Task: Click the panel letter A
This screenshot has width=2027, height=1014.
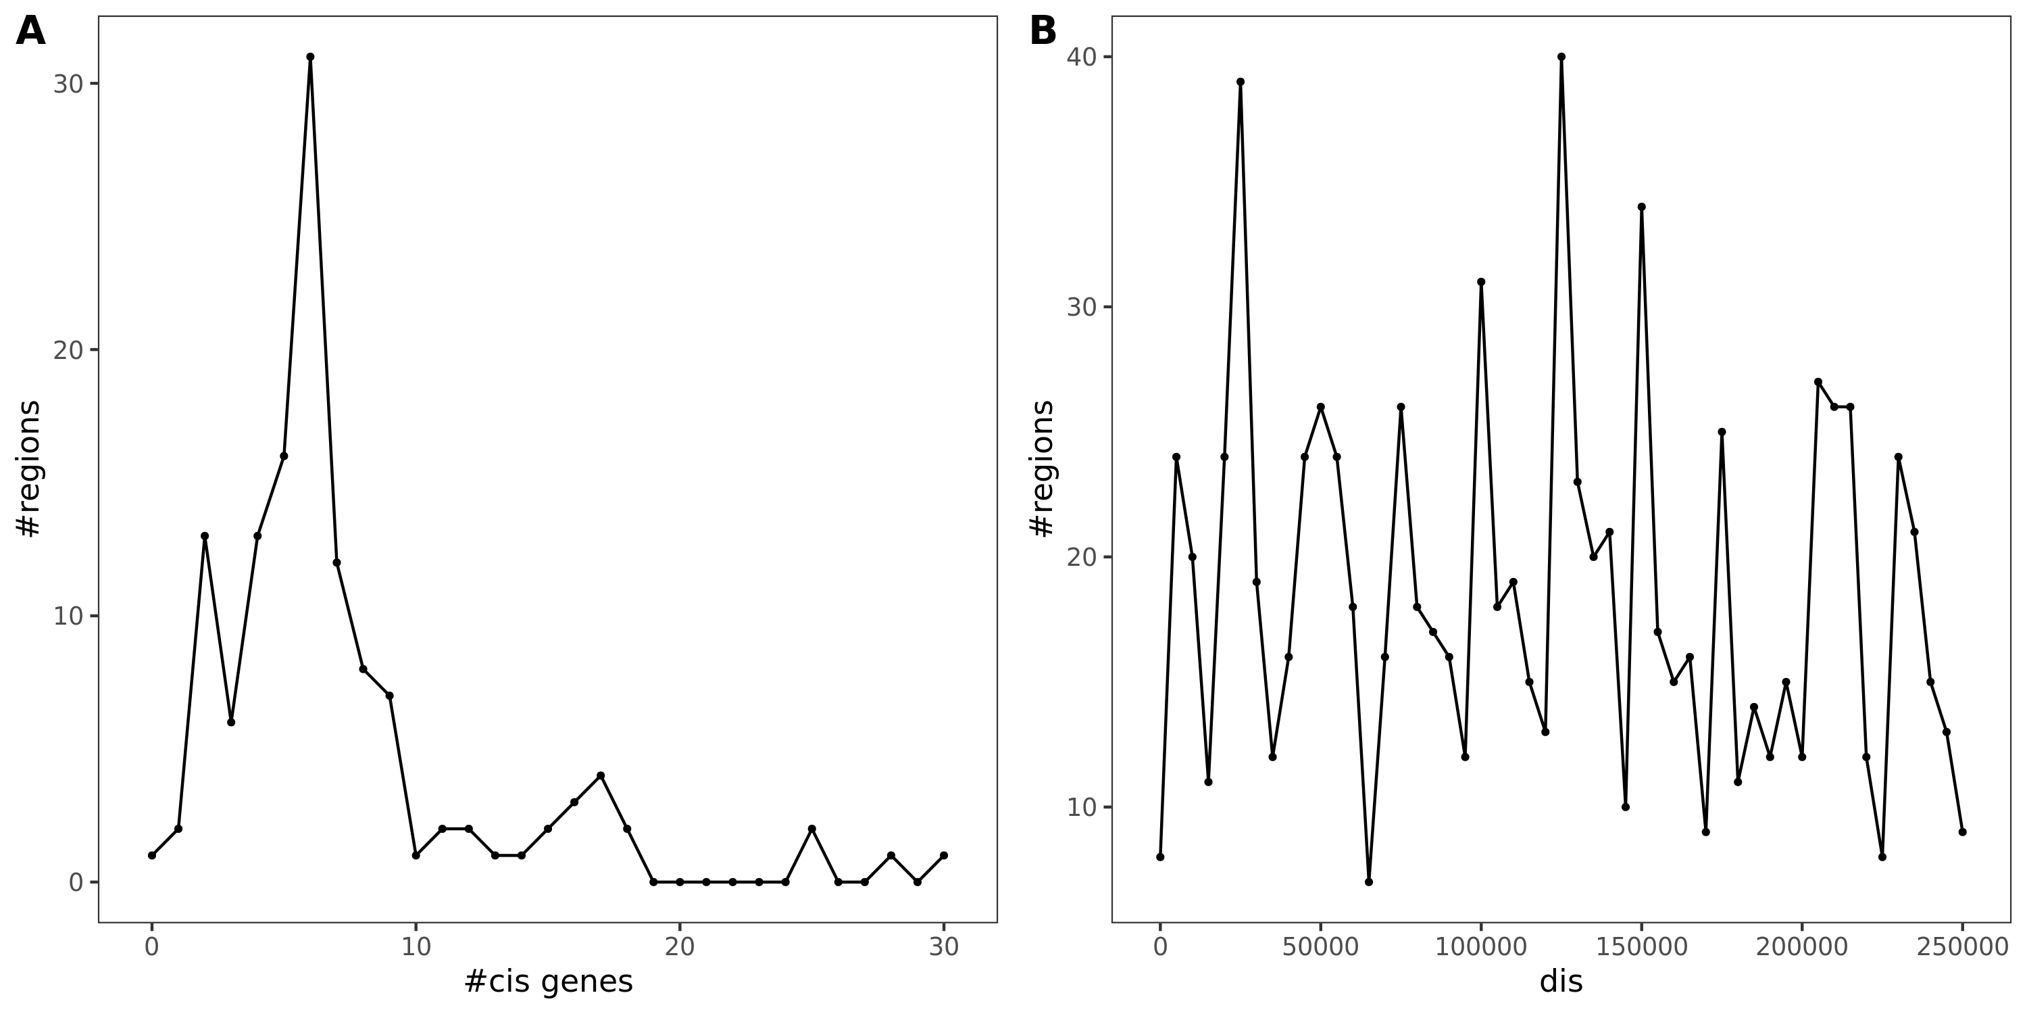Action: tap(30, 32)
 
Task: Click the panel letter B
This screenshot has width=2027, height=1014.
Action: tap(1043, 32)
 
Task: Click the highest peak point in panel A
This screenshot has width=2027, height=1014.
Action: tap(310, 57)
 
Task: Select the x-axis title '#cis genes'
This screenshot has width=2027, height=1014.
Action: tap(548, 981)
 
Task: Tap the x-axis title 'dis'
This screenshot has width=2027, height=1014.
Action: tap(1560, 981)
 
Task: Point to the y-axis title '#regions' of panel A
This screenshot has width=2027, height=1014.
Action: tap(29, 468)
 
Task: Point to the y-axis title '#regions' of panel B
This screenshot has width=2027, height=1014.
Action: tap(1043, 468)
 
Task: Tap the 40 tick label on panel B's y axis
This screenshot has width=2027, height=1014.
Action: tap(1082, 57)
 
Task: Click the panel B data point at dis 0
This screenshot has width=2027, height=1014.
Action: tap(1160, 856)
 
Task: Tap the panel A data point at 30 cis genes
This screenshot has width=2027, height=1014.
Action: tap(943, 855)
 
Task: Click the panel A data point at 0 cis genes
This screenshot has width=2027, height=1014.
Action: tap(152, 855)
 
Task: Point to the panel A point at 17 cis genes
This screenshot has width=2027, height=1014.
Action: tap(601, 775)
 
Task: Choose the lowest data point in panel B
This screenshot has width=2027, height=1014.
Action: tap(1368, 882)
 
